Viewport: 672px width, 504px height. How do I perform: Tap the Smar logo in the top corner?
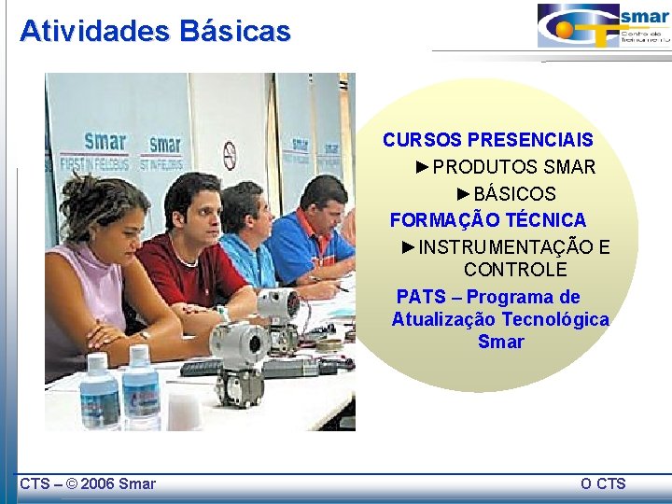(603, 26)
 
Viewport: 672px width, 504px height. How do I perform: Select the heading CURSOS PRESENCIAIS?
(487, 140)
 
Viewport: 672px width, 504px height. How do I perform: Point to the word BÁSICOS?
(514, 194)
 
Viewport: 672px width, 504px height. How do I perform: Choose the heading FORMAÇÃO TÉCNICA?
(487, 220)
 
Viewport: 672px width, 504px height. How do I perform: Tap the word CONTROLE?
(514, 270)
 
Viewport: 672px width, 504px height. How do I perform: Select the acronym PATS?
(421, 297)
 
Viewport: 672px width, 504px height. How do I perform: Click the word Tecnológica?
(554, 319)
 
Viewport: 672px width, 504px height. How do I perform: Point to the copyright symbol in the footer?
(72, 483)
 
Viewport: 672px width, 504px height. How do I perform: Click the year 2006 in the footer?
(100, 483)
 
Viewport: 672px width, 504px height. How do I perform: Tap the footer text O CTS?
(603, 483)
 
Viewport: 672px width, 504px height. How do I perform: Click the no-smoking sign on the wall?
(230, 154)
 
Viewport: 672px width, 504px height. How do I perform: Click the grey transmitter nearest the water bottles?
(237, 359)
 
